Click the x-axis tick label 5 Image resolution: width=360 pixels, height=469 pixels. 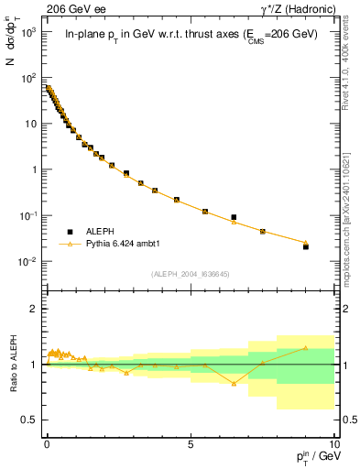(190, 443)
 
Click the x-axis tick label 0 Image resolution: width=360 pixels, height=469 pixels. (47, 443)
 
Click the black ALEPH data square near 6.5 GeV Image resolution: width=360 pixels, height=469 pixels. (234, 217)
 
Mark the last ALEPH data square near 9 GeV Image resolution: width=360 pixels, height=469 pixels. (306, 246)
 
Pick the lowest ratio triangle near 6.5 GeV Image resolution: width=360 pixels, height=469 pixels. (234, 383)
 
